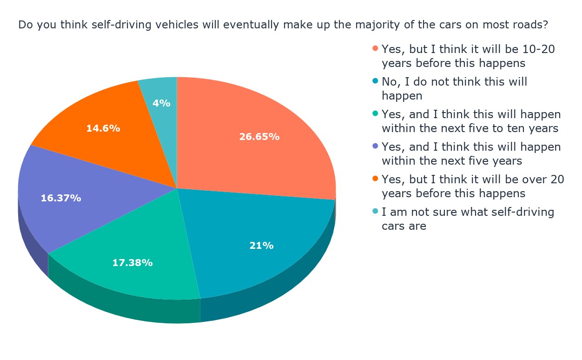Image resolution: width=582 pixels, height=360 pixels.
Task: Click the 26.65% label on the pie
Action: [259, 137]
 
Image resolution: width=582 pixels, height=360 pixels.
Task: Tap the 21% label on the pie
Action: [261, 246]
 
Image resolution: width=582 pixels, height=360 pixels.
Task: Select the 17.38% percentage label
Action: [132, 263]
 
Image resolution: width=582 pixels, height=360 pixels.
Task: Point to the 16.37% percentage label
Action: [61, 198]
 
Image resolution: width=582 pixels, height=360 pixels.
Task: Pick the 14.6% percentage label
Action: [103, 128]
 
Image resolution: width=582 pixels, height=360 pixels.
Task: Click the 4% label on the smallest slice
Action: [161, 103]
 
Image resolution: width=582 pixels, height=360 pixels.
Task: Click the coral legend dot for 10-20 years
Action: [375, 48]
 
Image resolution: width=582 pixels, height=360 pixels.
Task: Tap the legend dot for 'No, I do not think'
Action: [375, 81]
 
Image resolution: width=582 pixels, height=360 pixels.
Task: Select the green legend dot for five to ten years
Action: [375, 114]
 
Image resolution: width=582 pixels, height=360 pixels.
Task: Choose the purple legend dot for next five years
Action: [375, 147]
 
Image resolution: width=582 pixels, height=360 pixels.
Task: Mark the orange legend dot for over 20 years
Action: [375, 179]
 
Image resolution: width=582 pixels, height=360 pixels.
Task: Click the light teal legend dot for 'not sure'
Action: [375, 212]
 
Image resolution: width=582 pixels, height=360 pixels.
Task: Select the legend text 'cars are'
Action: [404, 227]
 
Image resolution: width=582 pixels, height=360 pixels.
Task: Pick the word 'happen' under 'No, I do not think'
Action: [402, 96]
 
